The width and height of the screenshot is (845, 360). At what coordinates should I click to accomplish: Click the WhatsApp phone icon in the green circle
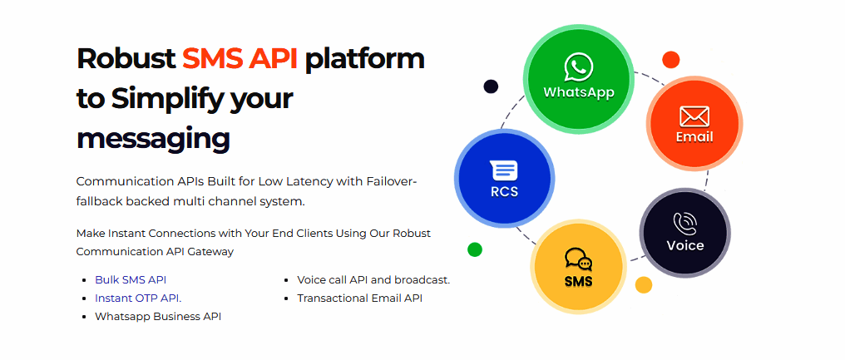pyautogui.click(x=579, y=67)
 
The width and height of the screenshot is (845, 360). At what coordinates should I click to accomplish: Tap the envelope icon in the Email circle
pyautogui.click(x=694, y=116)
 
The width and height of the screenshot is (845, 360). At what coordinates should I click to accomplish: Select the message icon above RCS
pyautogui.click(x=504, y=170)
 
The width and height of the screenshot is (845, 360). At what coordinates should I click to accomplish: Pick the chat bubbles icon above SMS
pyautogui.click(x=578, y=259)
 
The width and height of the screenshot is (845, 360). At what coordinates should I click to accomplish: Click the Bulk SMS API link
pyautogui.click(x=131, y=279)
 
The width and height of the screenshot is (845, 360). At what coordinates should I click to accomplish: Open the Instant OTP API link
pyautogui.click(x=141, y=298)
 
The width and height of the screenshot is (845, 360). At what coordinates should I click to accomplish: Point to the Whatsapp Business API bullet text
pyautogui.click(x=158, y=316)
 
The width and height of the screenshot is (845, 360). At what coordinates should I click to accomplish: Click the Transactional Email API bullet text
pyautogui.click(x=360, y=298)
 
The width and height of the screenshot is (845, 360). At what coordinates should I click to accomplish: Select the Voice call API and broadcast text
pyautogui.click(x=373, y=279)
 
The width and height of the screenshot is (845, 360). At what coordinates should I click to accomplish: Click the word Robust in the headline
pyautogui.click(x=126, y=58)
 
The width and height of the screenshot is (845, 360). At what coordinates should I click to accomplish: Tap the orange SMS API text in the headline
pyautogui.click(x=240, y=58)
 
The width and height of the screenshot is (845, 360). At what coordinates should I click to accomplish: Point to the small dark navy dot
pyautogui.click(x=491, y=86)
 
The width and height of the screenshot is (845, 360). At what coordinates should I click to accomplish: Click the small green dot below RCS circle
pyautogui.click(x=475, y=249)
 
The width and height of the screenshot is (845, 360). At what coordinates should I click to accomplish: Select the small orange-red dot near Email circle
pyautogui.click(x=670, y=60)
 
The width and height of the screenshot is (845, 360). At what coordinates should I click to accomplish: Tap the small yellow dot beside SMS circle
pyautogui.click(x=644, y=284)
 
